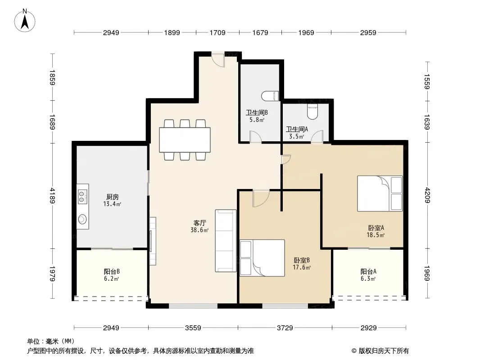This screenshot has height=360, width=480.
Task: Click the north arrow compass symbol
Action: click(x=25, y=21)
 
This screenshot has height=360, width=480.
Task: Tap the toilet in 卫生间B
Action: click(x=270, y=96)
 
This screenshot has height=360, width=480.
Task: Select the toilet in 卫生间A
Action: click(x=312, y=112)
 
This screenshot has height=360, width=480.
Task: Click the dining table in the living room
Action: click(x=185, y=140)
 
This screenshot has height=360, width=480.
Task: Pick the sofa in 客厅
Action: click(x=226, y=240)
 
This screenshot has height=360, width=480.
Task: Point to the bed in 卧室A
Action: click(x=380, y=193)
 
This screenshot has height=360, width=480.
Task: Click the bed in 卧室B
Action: click(x=262, y=258)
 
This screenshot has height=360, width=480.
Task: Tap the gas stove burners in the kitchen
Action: click(x=82, y=196)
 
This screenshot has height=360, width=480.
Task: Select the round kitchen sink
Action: click(x=82, y=219)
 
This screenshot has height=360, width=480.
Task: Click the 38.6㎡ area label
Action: click(x=199, y=230)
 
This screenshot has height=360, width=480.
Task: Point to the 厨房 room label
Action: click(x=113, y=197)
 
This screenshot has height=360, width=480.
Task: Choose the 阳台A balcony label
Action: click(x=368, y=271)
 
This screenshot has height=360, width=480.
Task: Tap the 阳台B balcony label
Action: click(x=111, y=271)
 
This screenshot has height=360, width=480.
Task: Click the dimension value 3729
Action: click(x=285, y=328)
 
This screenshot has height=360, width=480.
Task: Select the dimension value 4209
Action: click(x=427, y=195)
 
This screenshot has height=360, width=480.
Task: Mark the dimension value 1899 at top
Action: click(x=172, y=32)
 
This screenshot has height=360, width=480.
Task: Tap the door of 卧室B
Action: click(x=261, y=198)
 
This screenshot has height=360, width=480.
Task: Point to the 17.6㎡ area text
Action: click(x=302, y=267)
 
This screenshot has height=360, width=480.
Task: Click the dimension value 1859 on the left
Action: click(x=53, y=78)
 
